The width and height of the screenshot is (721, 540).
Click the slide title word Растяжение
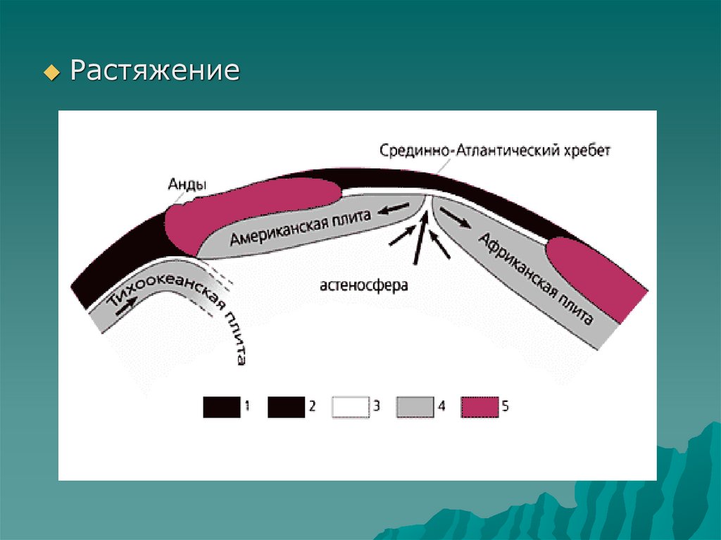(154, 71)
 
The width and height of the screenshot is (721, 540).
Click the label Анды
(187, 184)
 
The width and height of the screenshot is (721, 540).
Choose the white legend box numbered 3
(350, 407)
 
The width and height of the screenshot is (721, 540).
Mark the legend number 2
(312, 406)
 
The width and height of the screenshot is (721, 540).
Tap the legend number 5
(506, 406)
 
